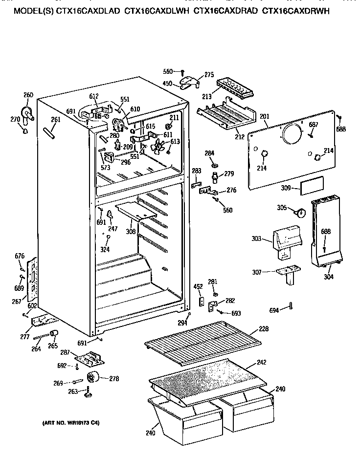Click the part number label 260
click(28, 95)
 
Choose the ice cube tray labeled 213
click(236, 87)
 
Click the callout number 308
click(131, 232)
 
